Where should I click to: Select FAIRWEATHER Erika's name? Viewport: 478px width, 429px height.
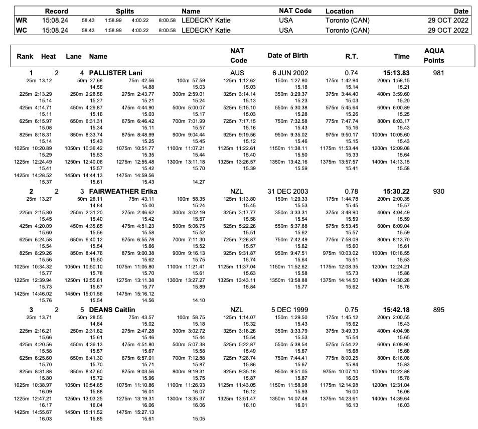[x=123, y=191]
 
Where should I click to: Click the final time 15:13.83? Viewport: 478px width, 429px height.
[x=396, y=73]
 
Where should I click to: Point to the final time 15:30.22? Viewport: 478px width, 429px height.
[x=396, y=191]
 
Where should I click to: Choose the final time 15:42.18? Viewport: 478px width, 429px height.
[x=396, y=310]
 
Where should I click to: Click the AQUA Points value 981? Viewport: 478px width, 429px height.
[x=438, y=73]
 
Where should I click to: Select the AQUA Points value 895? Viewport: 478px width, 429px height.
[x=438, y=310]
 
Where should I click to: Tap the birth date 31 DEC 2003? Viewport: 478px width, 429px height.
[x=288, y=191]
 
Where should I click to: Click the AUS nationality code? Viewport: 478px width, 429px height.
[x=236, y=73]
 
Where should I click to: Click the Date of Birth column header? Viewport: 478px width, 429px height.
[x=288, y=55]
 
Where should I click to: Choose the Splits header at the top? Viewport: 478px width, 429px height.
[x=125, y=11]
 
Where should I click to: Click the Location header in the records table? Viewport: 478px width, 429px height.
[x=340, y=11]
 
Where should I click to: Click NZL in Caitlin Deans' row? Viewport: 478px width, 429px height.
[x=236, y=310]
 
